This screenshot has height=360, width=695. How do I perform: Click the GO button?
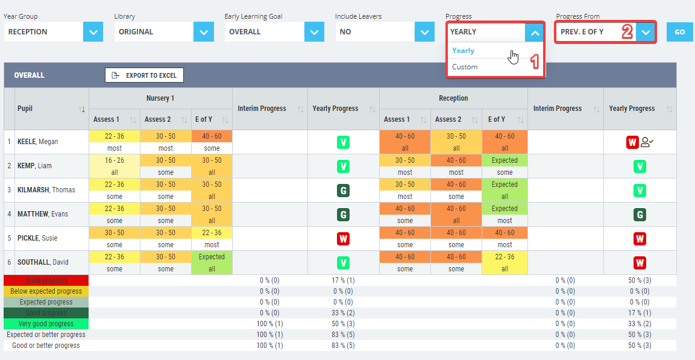pos(679,32)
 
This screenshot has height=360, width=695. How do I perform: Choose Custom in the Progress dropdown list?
pos(465,67)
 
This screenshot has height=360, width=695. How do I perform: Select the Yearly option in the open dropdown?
pos(463,51)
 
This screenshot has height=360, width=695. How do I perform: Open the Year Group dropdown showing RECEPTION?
pos(53,32)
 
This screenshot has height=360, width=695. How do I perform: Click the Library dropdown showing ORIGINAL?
pos(163,32)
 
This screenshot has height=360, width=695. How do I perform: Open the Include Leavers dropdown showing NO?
pos(385,32)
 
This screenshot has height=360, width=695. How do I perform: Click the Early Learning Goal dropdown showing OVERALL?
pos(274,32)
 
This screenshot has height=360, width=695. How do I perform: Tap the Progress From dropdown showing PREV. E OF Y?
pos(605,32)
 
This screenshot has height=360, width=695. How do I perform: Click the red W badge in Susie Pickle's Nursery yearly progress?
pos(343,239)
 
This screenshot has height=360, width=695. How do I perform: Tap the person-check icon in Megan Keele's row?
pos(647,142)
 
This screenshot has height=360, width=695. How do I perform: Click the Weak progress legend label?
pos(46,280)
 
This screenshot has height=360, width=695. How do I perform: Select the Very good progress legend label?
pos(46,324)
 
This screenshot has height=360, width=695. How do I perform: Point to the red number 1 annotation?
pos(533,62)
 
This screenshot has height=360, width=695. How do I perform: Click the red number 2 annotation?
pos(627,32)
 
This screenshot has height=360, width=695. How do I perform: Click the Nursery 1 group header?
pos(160,98)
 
